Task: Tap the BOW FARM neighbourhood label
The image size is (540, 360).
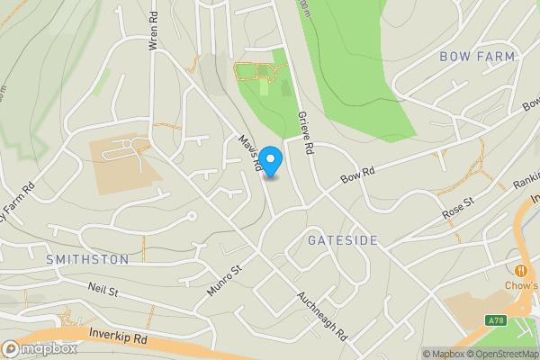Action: pos(477,57)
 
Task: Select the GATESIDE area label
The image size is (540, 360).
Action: pos(342,240)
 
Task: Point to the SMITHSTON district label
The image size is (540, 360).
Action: pos(87,259)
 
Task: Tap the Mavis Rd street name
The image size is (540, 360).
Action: pos(250,153)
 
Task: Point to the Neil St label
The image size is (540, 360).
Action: pos(103,290)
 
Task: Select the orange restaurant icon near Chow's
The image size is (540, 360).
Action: pos(521,270)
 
